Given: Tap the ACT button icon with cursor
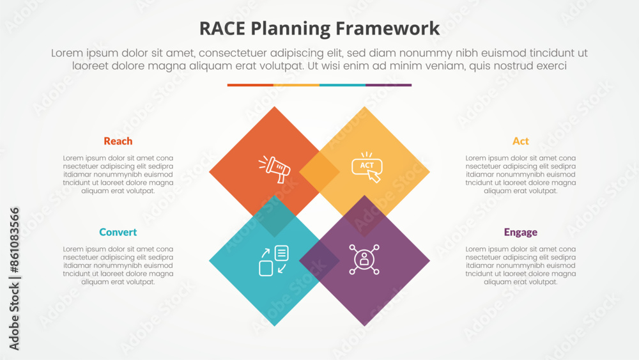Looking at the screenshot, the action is (367, 167).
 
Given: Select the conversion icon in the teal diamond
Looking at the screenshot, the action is (274, 260).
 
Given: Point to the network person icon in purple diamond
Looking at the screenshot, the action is (364, 260).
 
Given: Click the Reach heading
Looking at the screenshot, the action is (118, 141).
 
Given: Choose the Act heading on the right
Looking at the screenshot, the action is (520, 141).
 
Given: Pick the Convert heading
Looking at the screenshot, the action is (118, 232).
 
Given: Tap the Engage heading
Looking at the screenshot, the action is (520, 232).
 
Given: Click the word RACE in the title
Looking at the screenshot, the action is (222, 29).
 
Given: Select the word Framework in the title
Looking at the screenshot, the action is (388, 29).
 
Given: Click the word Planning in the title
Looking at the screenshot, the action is (291, 29).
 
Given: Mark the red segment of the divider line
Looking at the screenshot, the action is (250, 85).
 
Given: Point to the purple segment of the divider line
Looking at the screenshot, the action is (389, 85).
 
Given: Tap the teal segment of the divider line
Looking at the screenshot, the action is (343, 85).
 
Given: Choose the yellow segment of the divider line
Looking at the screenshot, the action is (296, 85).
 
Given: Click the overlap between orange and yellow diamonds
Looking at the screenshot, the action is (319, 171).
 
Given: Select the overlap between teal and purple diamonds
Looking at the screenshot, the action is (319, 260).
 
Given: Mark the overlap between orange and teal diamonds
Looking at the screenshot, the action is (274, 216).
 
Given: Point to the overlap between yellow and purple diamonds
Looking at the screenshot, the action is (364, 216).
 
